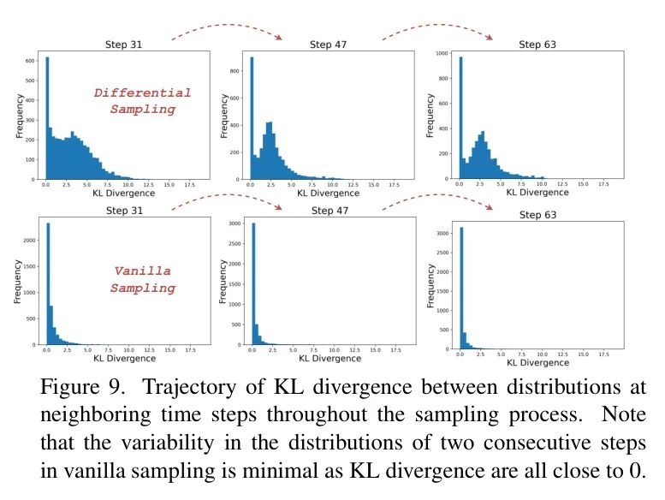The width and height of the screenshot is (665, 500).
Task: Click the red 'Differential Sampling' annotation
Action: click(142, 101)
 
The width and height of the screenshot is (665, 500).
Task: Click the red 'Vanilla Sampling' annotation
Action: click(142, 280)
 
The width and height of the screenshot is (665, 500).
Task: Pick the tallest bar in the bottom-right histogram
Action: click(462, 288)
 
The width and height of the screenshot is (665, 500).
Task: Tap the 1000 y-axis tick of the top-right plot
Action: click(442, 53)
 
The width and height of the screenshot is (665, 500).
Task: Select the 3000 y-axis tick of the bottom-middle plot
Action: click(235, 223)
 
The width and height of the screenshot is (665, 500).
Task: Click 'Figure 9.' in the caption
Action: click(80, 388)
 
